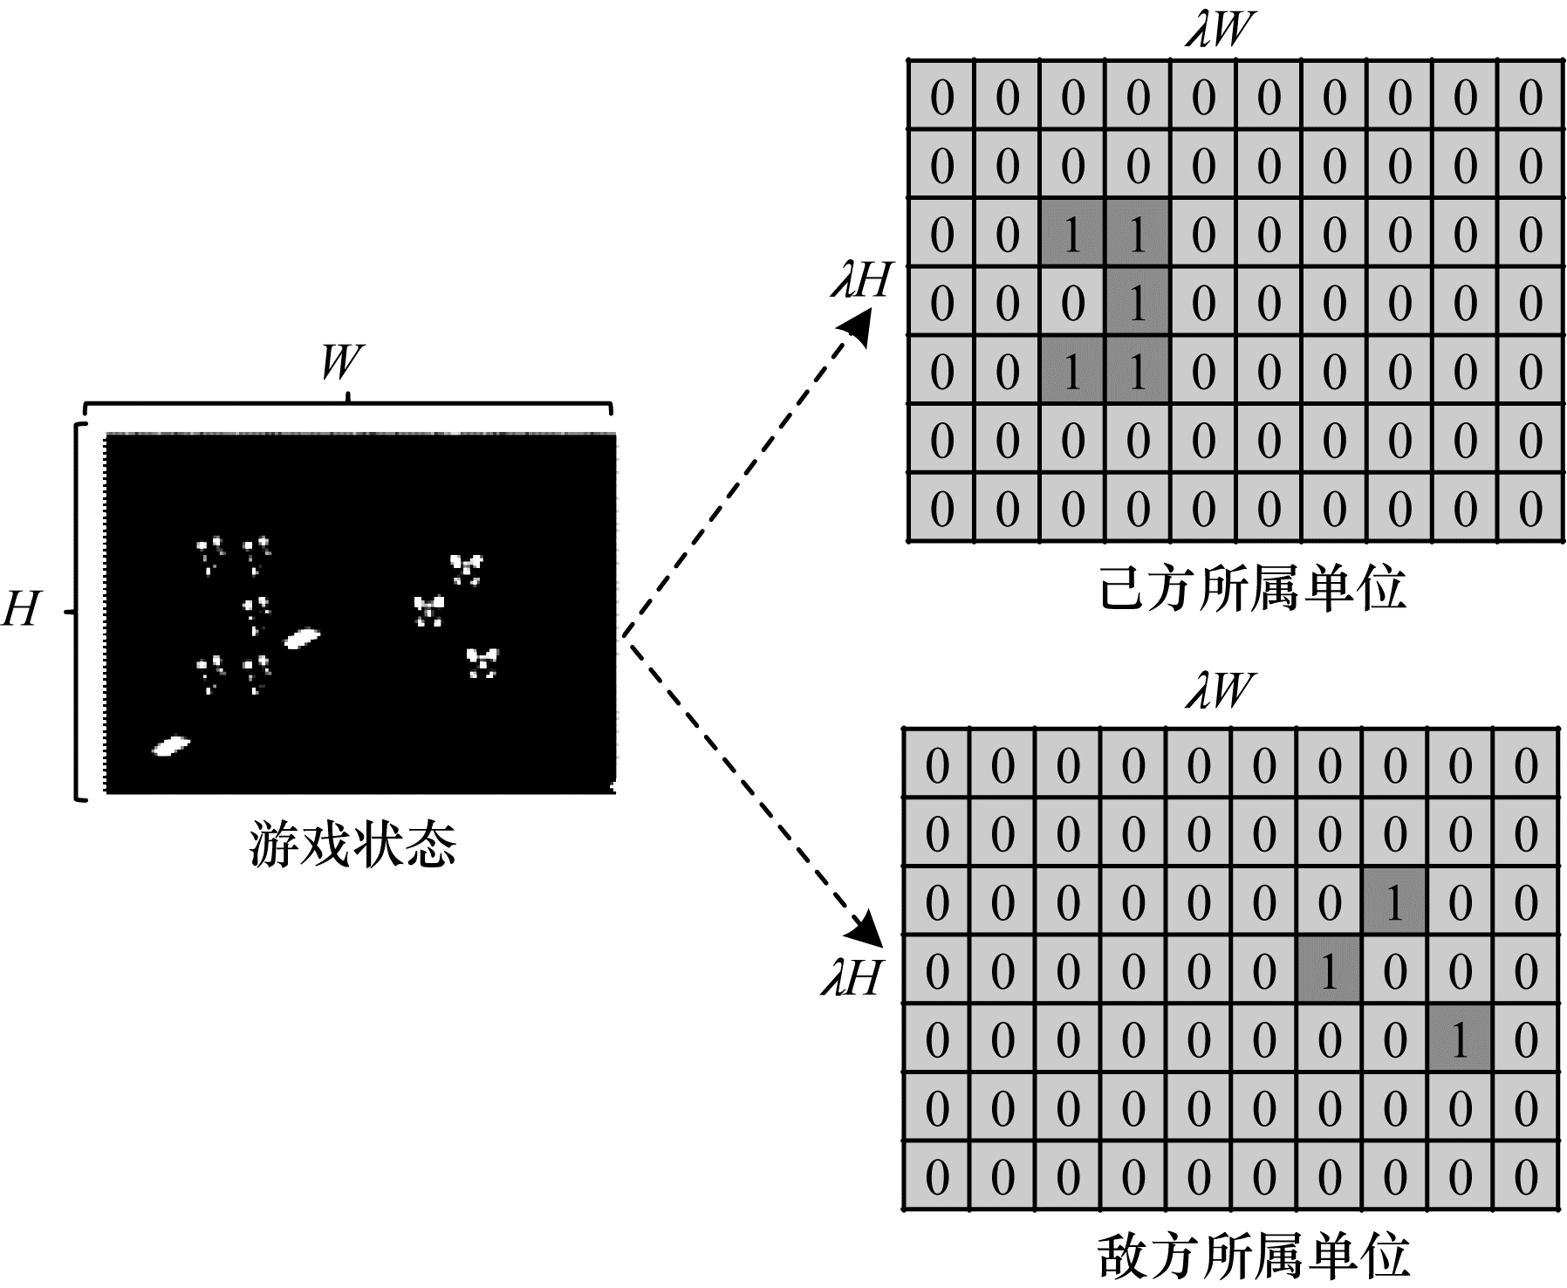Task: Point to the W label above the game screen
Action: [x=341, y=362]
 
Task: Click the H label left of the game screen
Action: [x=21, y=608]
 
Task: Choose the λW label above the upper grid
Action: [x=1218, y=31]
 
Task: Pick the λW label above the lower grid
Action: [x=1218, y=692]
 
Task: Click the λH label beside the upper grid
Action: [x=860, y=282]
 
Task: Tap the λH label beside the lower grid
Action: [x=852, y=978]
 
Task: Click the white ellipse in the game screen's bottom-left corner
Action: [x=172, y=746]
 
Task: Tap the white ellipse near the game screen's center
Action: [x=302, y=639]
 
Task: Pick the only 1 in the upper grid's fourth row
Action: [x=1136, y=304]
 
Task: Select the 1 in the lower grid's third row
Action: [x=1394, y=902]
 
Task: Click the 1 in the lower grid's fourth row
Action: [x=1329, y=971]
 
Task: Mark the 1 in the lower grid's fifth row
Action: [x=1460, y=1039]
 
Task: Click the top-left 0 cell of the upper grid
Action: [x=941, y=96]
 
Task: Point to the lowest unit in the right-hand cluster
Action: [x=481, y=662]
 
